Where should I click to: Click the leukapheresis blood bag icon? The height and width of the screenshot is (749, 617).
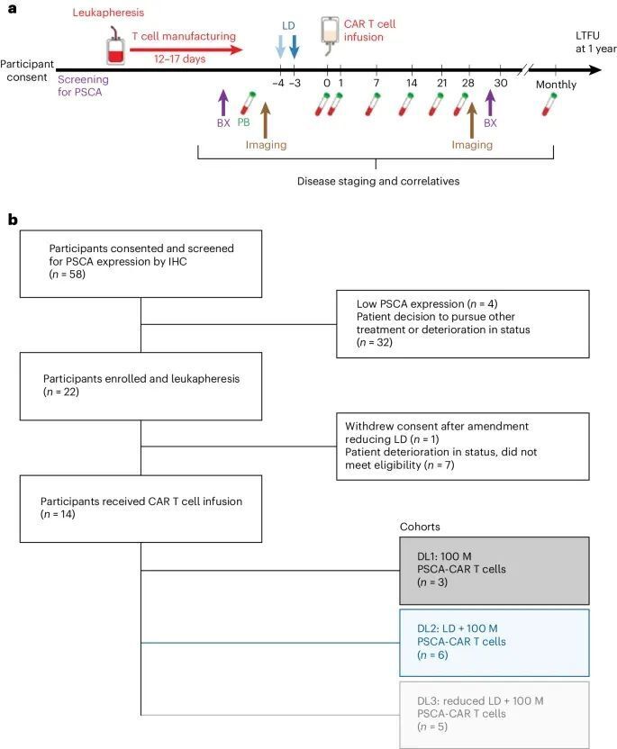[x=113, y=44]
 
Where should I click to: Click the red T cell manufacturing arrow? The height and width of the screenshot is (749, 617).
[x=186, y=52]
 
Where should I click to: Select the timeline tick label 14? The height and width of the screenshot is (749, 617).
[x=412, y=84]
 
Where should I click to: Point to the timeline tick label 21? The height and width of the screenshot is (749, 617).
[x=441, y=84]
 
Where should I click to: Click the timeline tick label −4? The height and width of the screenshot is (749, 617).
[x=279, y=84]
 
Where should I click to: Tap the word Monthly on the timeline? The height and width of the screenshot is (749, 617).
[x=555, y=84]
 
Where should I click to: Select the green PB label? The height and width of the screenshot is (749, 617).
[x=242, y=123]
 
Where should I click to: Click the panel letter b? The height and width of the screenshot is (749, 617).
[x=13, y=219]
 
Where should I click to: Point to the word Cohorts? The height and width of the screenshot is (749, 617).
[x=421, y=526]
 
